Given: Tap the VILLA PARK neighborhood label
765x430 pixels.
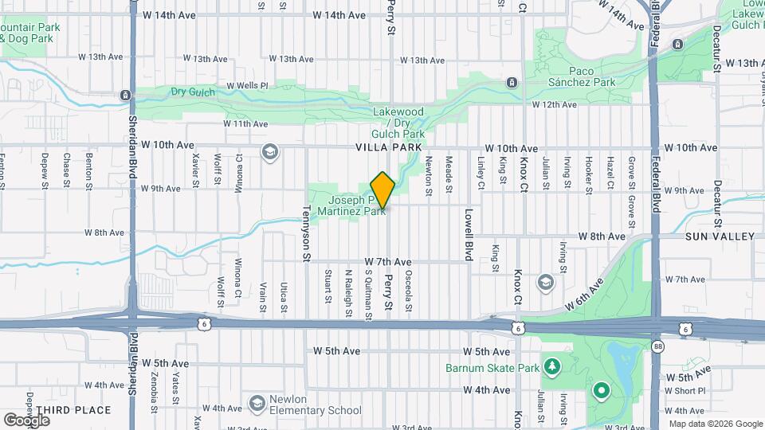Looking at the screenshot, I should coord(389,148).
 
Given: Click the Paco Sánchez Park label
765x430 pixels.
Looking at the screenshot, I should coord(583,77).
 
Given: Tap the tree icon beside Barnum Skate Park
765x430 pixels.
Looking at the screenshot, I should coord(551,366).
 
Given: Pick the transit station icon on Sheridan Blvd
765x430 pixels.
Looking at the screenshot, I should coord(125,96).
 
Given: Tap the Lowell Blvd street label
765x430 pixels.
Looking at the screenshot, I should coord(469,236).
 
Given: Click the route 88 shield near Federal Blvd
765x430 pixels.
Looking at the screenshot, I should coord(657,346).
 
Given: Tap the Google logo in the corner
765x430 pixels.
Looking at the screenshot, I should coord(27,420).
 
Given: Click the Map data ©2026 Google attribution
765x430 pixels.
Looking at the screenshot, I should coord(715,424).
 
